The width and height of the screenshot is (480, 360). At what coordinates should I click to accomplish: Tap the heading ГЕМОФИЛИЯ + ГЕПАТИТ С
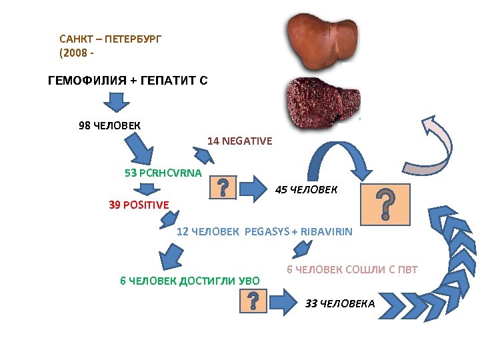point(128,81)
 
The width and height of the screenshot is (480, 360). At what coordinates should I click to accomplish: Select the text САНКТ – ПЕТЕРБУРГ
point(110,39)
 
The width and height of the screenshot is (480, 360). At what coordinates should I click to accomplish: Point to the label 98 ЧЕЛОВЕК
point(109,125)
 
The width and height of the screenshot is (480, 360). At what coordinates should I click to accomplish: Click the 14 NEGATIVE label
point(239,141)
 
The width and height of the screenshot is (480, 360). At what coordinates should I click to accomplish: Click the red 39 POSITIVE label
point(139,205)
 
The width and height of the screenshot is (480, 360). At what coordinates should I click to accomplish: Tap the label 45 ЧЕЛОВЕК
point(306,190)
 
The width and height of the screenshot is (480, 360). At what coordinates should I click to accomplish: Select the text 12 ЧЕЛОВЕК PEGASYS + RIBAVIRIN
point(264,232)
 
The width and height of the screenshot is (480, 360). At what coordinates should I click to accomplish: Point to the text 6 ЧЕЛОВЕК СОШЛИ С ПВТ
point(352,269)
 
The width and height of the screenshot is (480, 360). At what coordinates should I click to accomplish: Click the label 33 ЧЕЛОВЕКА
point(340,304)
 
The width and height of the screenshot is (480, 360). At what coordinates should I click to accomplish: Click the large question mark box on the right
point(385,204)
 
